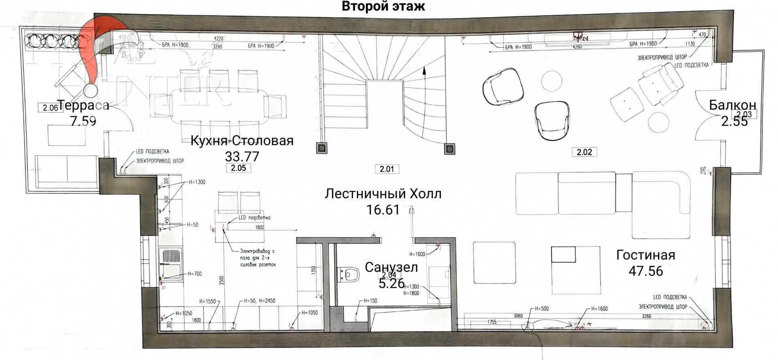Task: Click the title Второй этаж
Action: [x=383, y=6]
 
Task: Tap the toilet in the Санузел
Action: [x=348, y=274]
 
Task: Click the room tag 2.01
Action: [x=387, y=169]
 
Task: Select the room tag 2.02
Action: [x=584, y=152]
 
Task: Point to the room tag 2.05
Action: [x=238, y=168]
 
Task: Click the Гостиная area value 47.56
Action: [x=645, y=271]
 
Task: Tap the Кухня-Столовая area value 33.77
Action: [x=242, y=156]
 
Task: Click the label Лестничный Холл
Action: [x=383, y=194]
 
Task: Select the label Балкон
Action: [x=732, y=105]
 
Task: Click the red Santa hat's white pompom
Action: [x=90, y=90]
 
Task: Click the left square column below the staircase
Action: [x=321, y=148]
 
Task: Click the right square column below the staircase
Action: [x=449, y=148]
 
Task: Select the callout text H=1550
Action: [x=207, y=302]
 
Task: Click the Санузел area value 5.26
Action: [x=391, y=283]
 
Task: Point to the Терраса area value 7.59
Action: [x=83, y=121]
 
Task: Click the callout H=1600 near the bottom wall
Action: [x=599, y=309]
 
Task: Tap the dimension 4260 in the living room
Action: [x=577, y=47]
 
